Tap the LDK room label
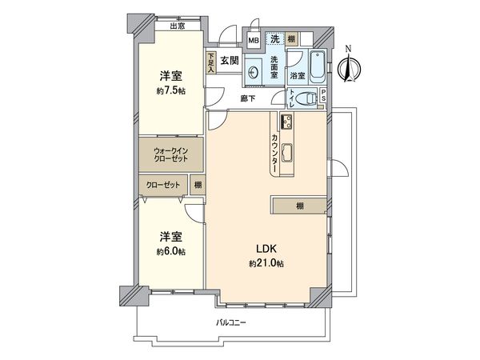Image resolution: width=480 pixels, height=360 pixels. tap(266, 248)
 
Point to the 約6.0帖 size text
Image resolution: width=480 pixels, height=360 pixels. tap(170, 251)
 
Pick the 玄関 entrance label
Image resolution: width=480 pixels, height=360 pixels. tap(230, 60)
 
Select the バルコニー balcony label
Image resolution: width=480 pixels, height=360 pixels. tap(231, 322)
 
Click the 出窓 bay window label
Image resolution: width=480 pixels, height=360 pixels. tap(177, 26)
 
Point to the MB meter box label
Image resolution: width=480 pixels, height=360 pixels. tap(253, 40)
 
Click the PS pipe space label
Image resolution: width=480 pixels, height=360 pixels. tap(322, 97)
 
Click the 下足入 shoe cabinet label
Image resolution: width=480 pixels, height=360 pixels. tap(211, 63)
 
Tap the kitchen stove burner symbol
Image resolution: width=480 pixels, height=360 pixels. tap(286, 122)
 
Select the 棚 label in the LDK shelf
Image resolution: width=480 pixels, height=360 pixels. tap(299, 206)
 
